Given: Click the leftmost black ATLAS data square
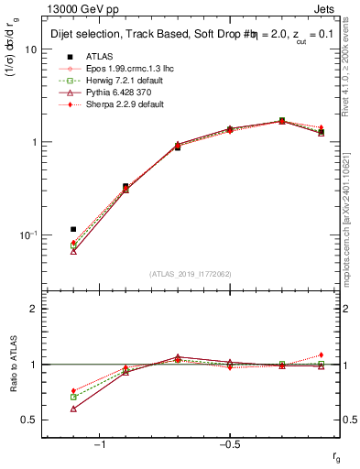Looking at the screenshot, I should coord(73,229).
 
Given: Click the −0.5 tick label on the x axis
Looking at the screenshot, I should coord(229,444).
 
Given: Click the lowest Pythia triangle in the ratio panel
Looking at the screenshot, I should coord(73,409).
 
